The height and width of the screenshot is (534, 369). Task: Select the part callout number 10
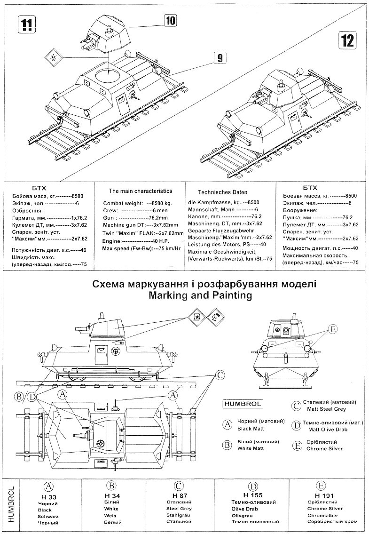tap(171, 20)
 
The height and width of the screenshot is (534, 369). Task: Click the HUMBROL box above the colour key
tap(243, 404)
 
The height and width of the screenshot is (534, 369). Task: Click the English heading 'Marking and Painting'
tap(200, 295)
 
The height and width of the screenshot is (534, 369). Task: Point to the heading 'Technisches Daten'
tap(222, 192)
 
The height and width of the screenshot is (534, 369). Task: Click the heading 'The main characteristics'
tap(141, 191)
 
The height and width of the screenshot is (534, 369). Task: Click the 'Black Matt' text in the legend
tap(251, 429)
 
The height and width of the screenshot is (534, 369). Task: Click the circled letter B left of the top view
tap(19, 398)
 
